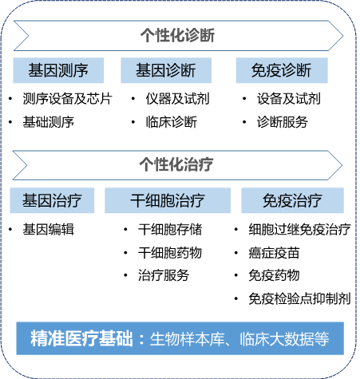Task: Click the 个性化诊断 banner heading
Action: click(x=177, y=35)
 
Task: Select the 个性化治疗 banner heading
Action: click(x=176, y=164)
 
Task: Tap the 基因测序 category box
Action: click(x=58, y=70)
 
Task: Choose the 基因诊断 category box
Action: click(x=166, y=70)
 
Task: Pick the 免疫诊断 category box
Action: click(x=282, y=70)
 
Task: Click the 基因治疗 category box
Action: click(x=52, y=200)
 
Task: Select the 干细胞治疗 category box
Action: click(x=168, y=200)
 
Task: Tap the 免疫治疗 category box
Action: click(x=292, y=200)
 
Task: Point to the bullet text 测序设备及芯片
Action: click(x=67, y=99)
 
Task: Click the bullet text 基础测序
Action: click(x=49, y=122)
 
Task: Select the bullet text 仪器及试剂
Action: click(x=177, y=99)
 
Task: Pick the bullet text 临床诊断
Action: click(x=172, y=122)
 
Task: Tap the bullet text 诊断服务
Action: click(x=283, y=122)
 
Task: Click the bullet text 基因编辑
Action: click(x=49, y=229)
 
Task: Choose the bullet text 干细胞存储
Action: click(x=170, y=229)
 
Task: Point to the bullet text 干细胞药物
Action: click(x=170, y=252)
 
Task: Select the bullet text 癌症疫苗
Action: click(x=274, y=253)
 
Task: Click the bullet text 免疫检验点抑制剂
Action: click(x=299, y=298)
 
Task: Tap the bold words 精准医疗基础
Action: click(x=81, y=338)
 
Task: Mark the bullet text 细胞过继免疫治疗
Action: click(x=299, y=229)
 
